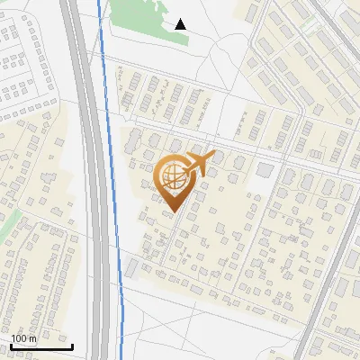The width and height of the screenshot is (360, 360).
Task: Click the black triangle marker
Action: click(x=181, y=23)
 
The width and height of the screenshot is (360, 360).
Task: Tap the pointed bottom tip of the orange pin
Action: click(x=172, y=212)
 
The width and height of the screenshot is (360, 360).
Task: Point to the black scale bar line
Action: click(x=41, y=346)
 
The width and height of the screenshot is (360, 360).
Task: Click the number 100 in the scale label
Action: click(x=20, y=338)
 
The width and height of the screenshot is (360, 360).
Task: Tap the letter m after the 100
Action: click(x=32, y=338)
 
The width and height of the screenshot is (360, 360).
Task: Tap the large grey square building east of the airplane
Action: click(x=265, y=170)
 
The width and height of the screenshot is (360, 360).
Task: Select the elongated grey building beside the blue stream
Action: click(x=131, y=267)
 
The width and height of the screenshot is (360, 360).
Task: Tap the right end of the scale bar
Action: click(x=72, y=346)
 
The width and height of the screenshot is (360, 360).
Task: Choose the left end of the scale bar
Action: click(x=11, y=346)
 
